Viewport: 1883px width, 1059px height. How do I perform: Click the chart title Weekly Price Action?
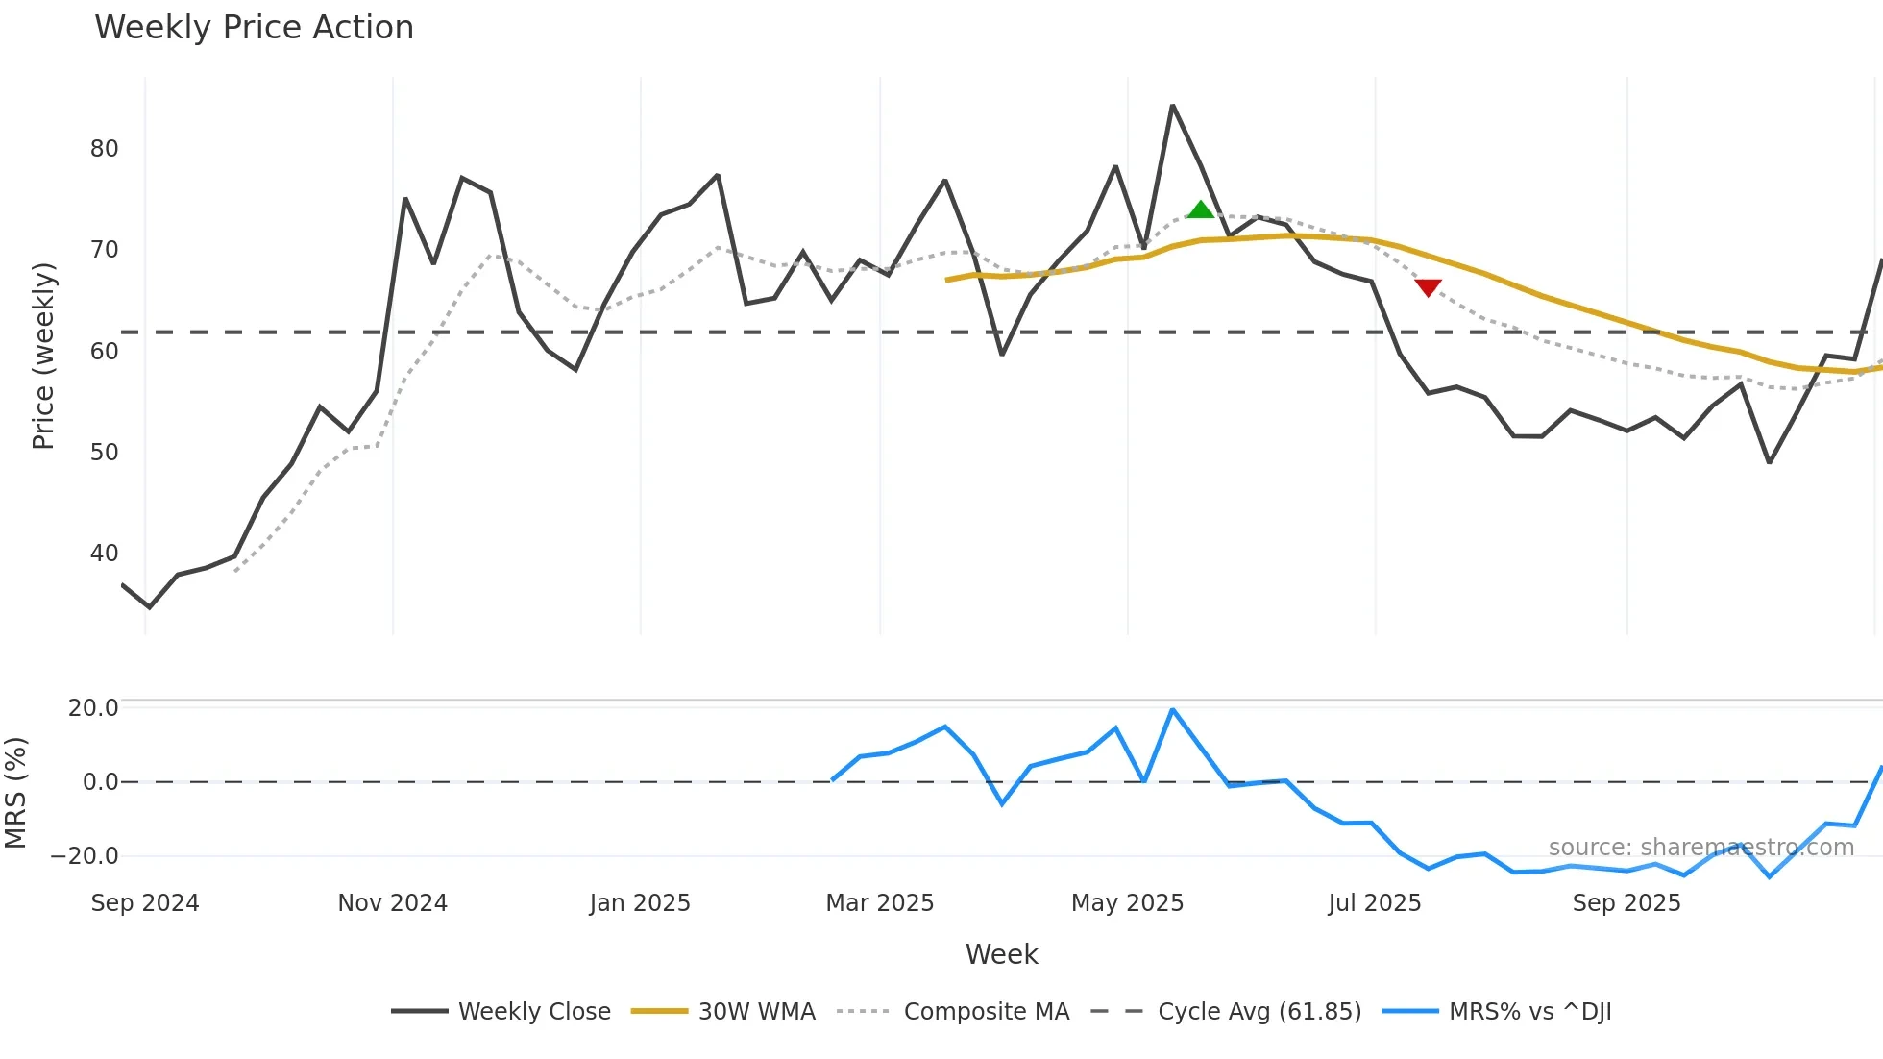point(254,28)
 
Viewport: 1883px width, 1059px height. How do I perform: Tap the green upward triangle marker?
point(1201,209)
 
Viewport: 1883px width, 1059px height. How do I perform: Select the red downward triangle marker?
point(1428,287)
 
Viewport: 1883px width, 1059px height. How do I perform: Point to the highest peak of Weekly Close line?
point(1172,106)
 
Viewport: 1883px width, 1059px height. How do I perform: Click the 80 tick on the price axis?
point(104,149)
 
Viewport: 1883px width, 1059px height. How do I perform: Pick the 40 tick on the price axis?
point(104,554)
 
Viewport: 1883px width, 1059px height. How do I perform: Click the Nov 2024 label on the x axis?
point(392,903)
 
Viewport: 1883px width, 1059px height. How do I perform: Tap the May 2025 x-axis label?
point(1127,903)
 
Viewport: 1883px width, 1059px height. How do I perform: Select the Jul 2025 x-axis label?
point(1374,903)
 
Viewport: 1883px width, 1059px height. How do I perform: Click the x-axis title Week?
point(1001,954)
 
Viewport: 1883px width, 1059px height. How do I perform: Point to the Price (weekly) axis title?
point(43,356)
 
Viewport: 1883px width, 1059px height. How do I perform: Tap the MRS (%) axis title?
point(15,793)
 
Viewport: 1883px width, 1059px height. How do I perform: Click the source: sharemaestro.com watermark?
point(1700,848)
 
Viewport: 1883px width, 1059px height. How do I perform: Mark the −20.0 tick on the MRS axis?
point(85,856)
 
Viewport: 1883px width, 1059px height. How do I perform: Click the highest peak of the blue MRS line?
point(1172,710)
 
